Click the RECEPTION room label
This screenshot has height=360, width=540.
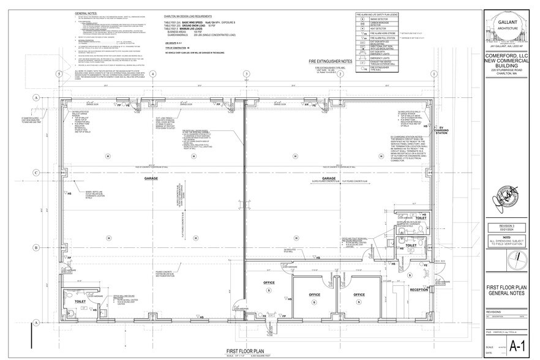click(x=418, y=289)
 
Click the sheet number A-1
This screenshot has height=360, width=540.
click(x=516, y=347)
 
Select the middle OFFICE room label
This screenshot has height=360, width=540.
click(x=314, y=294)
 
